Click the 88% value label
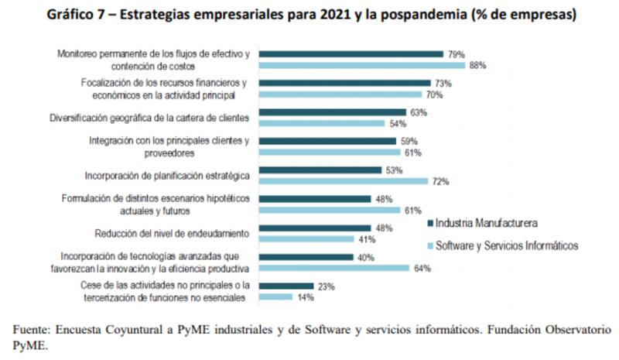(477, 66)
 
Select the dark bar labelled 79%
(351, 54)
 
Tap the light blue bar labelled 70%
(340, 94)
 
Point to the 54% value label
(398, 124)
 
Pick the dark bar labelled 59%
(329, 141)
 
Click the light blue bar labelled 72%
(343, 181)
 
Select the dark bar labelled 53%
(320, 170)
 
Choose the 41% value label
(364, 239)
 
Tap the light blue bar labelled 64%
(333, 268)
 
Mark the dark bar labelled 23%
(286, 286)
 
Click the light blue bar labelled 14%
(275, 297)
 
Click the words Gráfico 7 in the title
(73, 15)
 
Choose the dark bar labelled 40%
(306, 257)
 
